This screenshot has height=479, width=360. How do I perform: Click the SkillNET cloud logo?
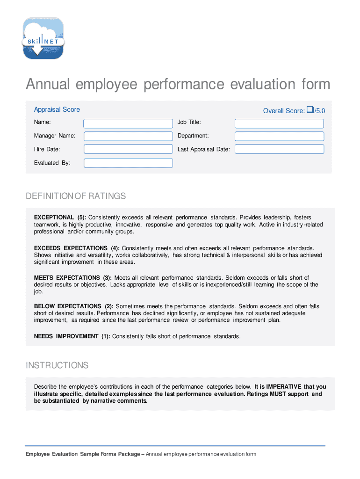(x=43, y=38)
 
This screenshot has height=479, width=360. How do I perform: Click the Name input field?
(x=128, y=123)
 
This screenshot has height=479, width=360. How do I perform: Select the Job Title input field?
(x=279, y=123)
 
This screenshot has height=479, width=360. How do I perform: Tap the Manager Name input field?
(x=128, y=136)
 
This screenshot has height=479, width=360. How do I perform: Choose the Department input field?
(x=279, y=136)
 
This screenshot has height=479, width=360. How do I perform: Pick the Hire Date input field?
(x=128, y=149)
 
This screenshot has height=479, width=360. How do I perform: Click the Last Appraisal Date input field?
(x=279, y=149)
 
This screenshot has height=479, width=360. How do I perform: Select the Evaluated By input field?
(x=128, y=163)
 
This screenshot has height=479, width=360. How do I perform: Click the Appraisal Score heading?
(x=57, y=109)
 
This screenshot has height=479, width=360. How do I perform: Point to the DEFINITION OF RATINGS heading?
(x=76, y=196)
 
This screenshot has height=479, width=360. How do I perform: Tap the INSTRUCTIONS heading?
(x=57, y=365)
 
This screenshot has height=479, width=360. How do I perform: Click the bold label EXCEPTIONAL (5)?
(x=60, y=218)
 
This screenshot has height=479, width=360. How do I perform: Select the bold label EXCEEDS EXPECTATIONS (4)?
(x=77, y=248)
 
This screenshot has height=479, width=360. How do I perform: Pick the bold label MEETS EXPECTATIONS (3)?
(x=72, y=278)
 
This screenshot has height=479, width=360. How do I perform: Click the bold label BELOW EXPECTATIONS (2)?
(x=74, y=306)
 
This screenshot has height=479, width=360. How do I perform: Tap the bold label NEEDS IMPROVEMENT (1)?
(x=72, y=336)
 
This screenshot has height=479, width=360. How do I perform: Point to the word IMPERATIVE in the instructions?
(x=284, y=387)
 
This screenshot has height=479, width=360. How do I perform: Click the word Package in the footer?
(x=128, y=454)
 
